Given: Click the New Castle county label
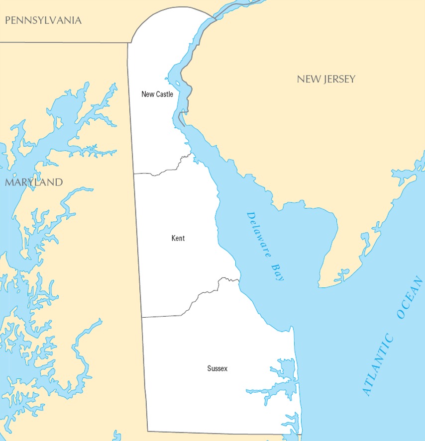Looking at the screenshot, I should pos(157,94).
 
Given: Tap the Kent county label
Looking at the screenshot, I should pos(178,238).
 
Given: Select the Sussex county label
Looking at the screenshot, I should pos(217,368).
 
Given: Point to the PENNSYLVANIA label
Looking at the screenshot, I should pos(43,20).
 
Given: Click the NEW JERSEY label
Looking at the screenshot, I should pos(326,79).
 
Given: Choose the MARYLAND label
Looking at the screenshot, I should pos(34,182).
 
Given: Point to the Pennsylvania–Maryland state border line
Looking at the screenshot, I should pos(65,42).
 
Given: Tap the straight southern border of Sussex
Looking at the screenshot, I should pos(224,433).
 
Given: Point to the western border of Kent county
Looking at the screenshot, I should pos(138,244).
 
